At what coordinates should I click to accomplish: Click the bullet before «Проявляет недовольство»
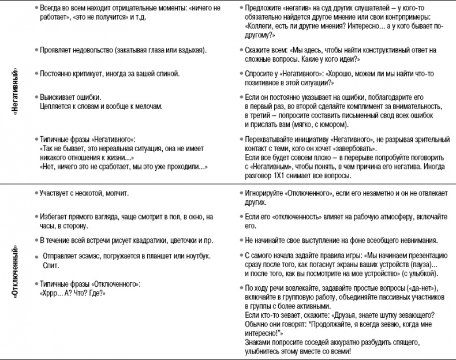click(x=36, y=51)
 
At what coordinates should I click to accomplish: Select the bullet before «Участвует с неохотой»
click(x=36, y=192)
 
